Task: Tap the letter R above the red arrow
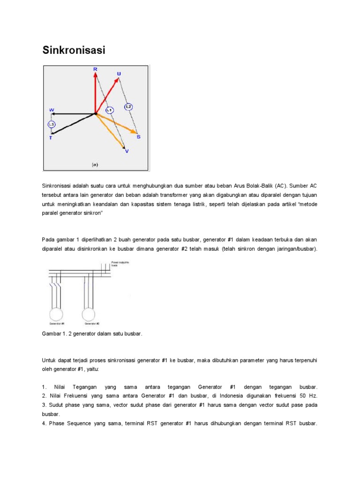tap(95, 69)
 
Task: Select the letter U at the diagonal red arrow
tap(119, 74)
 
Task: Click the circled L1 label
tap(110, 110)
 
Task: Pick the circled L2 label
tap(128, 107)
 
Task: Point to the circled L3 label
tap(52, 125)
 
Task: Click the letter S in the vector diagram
tap(138, 136)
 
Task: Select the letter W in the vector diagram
tap(52, 110)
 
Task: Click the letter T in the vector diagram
tap(51, 138)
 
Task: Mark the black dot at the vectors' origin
tap(96, 113)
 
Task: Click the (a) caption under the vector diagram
tap(95, 165)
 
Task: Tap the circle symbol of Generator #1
tap(57, 314)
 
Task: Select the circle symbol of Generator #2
tap(88, 314)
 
